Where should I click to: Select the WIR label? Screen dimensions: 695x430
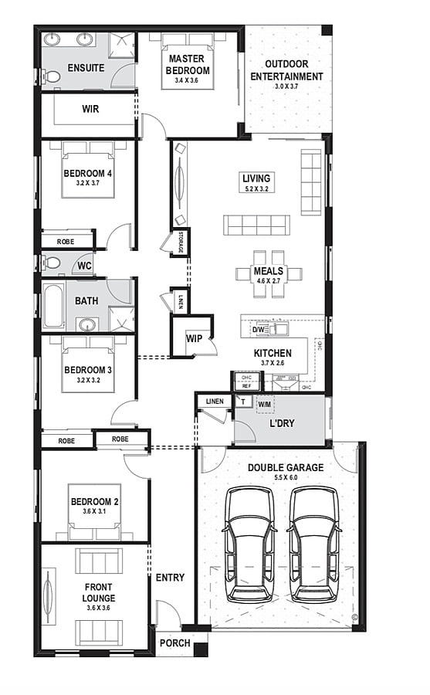tap(90, 109)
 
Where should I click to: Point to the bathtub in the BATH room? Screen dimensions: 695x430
tap(52, 307)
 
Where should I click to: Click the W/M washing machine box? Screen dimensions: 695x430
tap(264, 403)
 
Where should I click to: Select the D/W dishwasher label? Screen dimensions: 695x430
tap(258, 331)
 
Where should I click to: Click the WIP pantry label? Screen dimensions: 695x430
tap(193, 337)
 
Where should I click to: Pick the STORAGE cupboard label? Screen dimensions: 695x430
tap(181, 242)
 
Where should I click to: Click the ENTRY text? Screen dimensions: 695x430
tap(170, 578)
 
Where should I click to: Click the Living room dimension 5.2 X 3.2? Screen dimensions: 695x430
tap(257, 188)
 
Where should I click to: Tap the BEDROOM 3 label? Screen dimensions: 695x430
tap(87, 370)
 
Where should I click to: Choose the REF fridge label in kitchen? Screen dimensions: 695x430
tap(246, 385)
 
